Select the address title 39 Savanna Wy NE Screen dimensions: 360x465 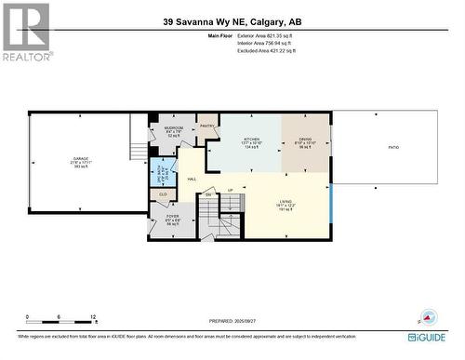(232, 21)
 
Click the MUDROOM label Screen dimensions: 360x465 (174, 127)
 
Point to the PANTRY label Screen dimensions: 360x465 (206, 125)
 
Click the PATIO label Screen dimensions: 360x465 (393, 147)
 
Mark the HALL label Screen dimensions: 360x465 (192, 180)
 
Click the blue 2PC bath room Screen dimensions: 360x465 (163, 173)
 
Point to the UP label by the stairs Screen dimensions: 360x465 (231, 191)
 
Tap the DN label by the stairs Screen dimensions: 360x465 (208, 194)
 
